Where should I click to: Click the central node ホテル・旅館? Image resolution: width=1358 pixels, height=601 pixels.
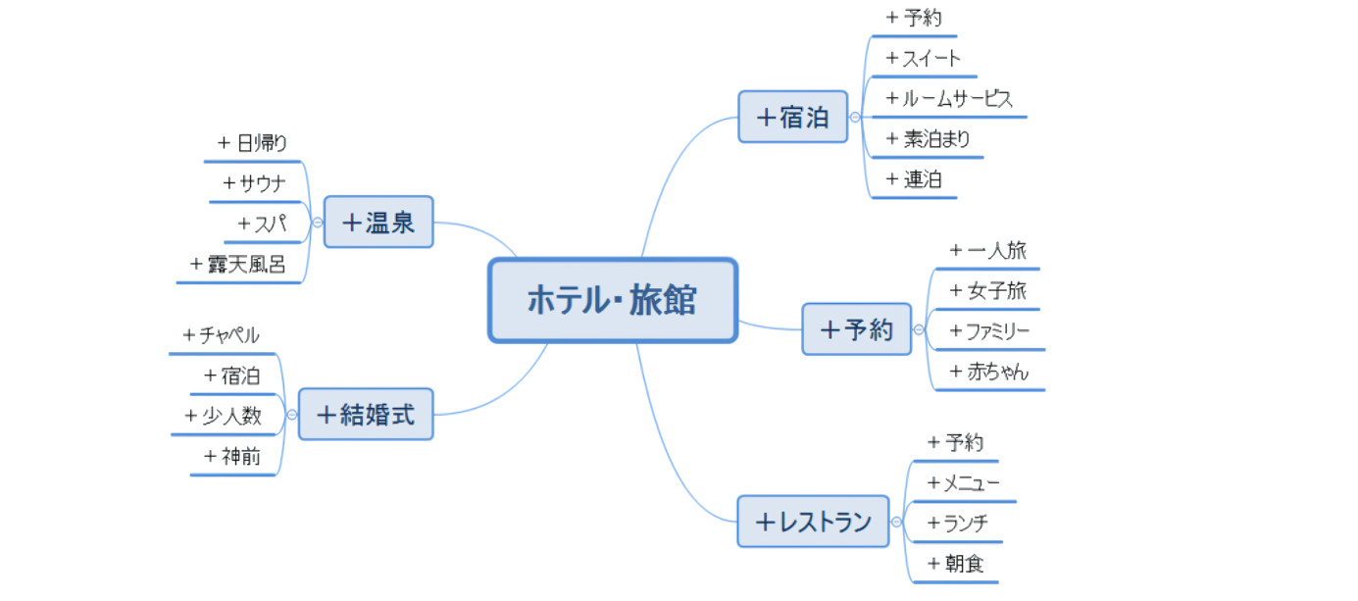point(612,300)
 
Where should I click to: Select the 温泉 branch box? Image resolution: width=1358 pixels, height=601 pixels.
point(378,222)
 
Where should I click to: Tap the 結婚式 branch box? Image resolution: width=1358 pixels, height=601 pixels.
point(366,414)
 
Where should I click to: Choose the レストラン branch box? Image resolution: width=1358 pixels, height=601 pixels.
point(813,522)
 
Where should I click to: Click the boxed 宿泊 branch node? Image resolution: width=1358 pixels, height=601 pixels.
point(792,117)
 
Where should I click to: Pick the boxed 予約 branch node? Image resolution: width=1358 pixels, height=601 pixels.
point(856,328)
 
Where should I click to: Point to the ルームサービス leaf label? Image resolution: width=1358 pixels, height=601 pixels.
point(949,98)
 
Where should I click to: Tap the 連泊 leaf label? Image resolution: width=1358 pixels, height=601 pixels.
point(914,179)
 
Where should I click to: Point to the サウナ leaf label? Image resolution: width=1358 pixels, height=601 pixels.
point(254,183)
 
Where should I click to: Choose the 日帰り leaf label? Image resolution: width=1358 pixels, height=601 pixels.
point(254,143)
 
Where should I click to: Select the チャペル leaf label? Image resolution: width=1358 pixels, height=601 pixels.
point(222,335)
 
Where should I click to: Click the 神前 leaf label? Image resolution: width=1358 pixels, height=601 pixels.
point(232,456)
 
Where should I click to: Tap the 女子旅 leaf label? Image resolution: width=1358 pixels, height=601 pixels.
point(988,291)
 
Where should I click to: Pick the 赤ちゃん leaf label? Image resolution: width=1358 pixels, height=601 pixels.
point(989,373)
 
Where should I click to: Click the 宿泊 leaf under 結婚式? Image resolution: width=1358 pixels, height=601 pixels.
point(232,376)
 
